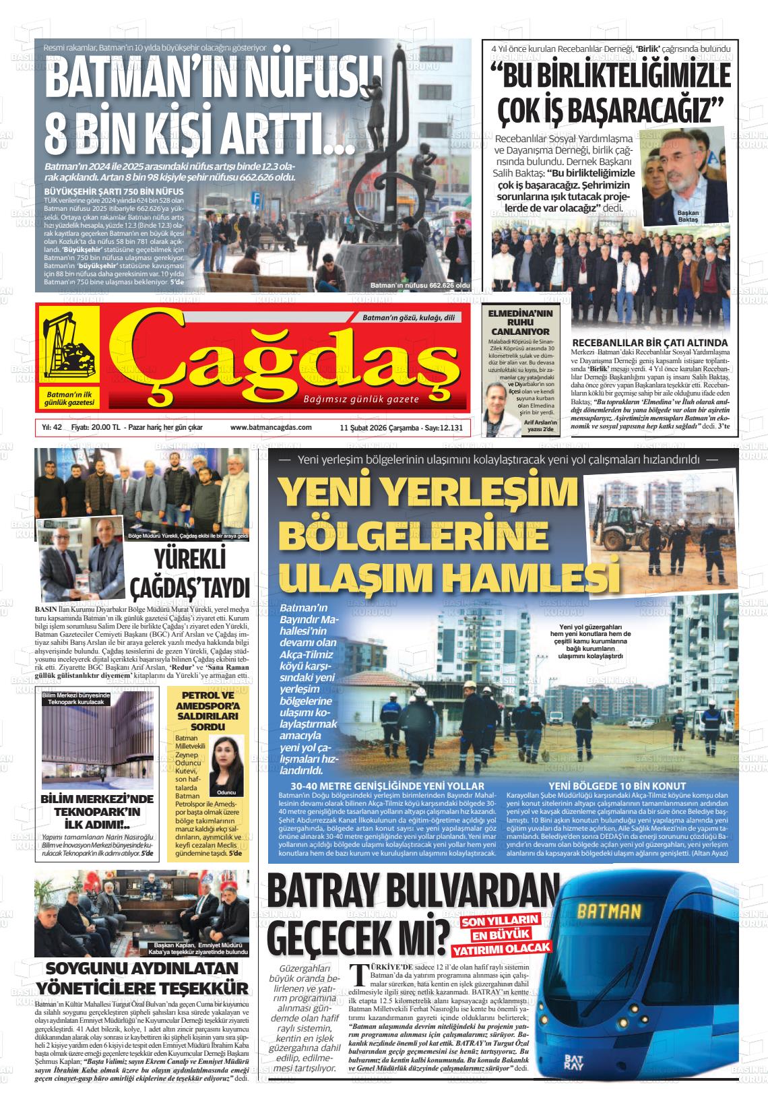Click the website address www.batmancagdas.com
[271, 427]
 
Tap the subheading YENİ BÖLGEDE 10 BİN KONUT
[617, 786]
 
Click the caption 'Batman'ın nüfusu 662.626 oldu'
[420, 286]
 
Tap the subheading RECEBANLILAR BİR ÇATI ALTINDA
[649, 342]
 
